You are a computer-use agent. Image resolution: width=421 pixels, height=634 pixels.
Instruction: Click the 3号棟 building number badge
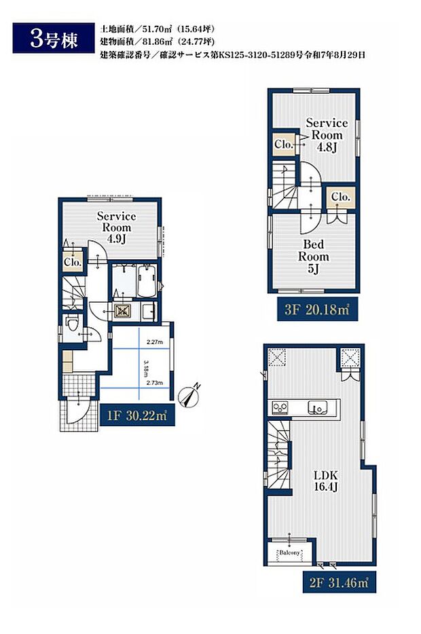pos(54,39)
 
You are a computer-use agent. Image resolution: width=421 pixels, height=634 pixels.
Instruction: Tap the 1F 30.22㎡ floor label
pos(136,415)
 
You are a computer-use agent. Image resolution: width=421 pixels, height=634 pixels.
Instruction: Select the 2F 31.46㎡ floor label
pos(340,582)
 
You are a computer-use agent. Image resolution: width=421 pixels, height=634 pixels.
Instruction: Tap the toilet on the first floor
pos(72,324)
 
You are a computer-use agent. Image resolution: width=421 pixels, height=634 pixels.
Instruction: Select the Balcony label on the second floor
pos(289,553)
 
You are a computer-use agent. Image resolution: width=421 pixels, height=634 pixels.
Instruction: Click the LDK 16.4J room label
pos(326,481)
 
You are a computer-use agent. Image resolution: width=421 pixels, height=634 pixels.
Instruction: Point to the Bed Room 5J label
pos(314,257)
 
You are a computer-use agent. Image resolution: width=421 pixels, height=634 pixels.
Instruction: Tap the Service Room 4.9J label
pos(117,227)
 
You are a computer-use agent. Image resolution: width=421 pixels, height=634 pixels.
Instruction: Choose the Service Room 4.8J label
pos(327,134)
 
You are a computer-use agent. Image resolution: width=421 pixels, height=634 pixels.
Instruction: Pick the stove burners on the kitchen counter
pos(280,407)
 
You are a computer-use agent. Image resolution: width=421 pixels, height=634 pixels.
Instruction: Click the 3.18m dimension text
pos(146,368)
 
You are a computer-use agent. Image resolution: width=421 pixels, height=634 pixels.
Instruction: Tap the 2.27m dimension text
pos(155,342)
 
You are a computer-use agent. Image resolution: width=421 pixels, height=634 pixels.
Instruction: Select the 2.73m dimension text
pos(155,382)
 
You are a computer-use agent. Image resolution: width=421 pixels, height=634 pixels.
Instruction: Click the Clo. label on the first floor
pos(73,262)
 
